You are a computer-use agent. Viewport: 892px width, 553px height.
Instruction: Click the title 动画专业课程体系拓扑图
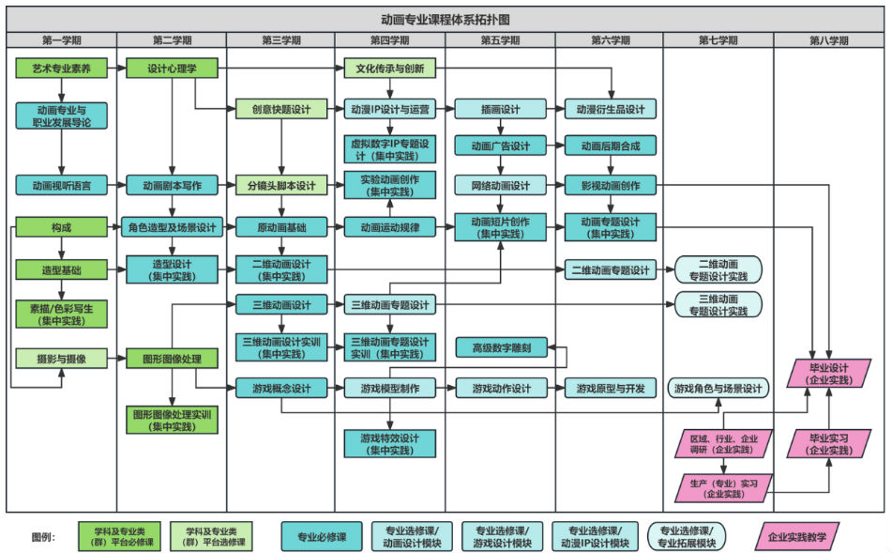(446, 19)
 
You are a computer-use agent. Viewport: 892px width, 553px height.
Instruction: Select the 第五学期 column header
(500, 40)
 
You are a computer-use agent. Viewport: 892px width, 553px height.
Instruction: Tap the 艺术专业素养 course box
(61, 69)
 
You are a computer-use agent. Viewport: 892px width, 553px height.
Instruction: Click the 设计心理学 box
(171, 69)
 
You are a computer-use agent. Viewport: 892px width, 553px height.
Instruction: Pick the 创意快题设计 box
(281, 109)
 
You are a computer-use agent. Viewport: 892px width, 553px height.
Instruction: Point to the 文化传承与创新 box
(390, 69)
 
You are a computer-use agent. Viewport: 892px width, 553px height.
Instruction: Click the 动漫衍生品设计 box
(611, 109)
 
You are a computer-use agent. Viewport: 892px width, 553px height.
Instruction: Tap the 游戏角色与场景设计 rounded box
(718, 388)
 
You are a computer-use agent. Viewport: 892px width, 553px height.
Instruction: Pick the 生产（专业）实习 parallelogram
(723, 487)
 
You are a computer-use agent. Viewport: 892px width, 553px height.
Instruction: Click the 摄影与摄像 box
(61, 358)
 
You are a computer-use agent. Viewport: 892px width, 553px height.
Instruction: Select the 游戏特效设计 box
(390, 443)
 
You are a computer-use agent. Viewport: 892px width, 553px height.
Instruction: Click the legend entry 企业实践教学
(797, 536)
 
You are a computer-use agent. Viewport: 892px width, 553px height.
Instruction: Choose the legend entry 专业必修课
(322, 536)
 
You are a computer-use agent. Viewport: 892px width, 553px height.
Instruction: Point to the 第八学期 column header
(829, 40)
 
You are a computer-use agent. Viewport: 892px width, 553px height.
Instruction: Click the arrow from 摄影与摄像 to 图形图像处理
(116, 358)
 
